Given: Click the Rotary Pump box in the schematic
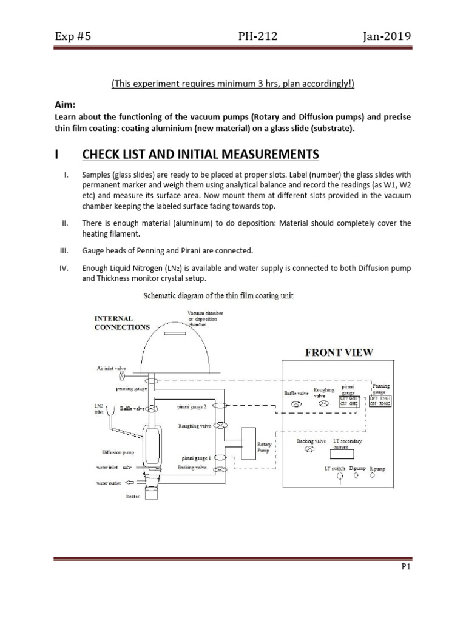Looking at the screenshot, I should (251, 441).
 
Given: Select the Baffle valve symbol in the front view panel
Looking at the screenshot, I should (297, 403).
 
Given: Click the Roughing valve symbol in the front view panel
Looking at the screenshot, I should (324, 403).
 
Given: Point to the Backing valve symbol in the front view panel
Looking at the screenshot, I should (309, 449).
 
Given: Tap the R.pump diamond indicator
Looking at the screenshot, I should (373, 476).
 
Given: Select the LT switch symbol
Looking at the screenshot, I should (339, 477).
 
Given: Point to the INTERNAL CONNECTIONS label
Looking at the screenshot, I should (121, 322).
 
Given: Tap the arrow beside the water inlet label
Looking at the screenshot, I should (130, 468).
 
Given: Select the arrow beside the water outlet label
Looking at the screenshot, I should (129, 483).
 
